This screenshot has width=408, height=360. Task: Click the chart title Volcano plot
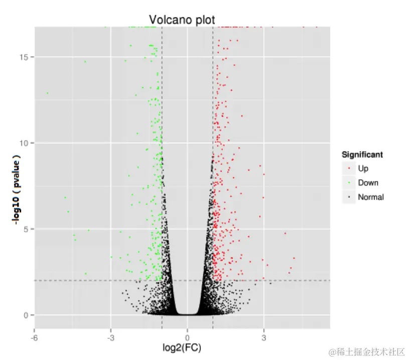[x=182, y=20]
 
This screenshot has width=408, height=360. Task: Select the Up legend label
[x=363, y=168]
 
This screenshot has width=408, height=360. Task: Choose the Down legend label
[x=368, y=183]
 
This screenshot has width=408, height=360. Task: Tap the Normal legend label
[x=370, y=197]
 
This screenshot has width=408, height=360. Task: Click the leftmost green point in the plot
[x=47, y=93]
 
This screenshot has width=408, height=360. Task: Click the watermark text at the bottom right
[x=366, y=351]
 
